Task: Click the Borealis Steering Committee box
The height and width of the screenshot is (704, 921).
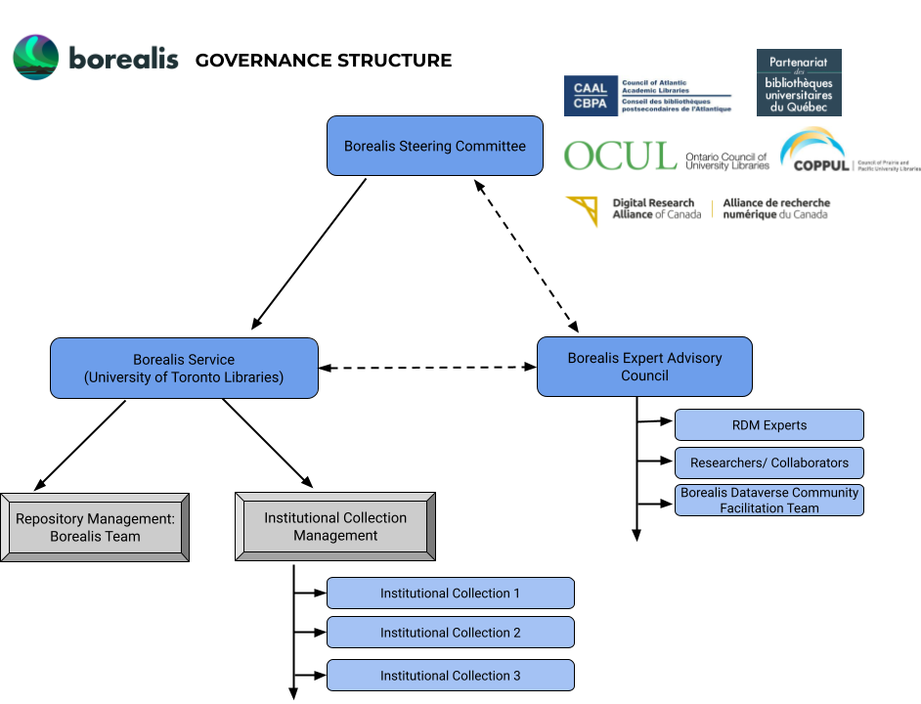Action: tap(434, 146)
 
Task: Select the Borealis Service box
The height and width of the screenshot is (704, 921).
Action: tap(184, 368)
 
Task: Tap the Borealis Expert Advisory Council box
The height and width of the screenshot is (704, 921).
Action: tap(644, 367)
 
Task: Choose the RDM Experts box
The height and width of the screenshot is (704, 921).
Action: tap(768, 425)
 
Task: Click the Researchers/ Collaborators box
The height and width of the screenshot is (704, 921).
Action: tap(768, 462)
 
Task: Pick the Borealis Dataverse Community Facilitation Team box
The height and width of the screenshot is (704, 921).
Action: tap(768, 500)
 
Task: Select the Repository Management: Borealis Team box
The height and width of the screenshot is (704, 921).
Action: tap(95, 527)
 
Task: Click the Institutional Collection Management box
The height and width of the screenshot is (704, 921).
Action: tap(334, 526)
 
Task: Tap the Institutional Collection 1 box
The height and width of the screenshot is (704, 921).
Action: tap(450, 594)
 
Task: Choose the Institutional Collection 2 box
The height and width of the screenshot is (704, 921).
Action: tap(450, 633)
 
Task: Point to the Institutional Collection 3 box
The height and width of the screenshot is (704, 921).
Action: tap(450, 676)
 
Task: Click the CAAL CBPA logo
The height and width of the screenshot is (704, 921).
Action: tap(648, 96)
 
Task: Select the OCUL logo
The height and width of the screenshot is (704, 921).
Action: tap(666, 156)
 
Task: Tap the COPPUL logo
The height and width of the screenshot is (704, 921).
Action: tap(849, 152)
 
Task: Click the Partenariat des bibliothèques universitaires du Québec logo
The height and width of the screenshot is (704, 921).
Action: tap(799, 83)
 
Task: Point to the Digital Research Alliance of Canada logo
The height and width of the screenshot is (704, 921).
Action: tap(696, 209)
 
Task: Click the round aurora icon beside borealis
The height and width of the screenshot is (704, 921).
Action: tap(35, 58)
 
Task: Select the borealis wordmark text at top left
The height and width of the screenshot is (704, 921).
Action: tap(124, 59)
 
